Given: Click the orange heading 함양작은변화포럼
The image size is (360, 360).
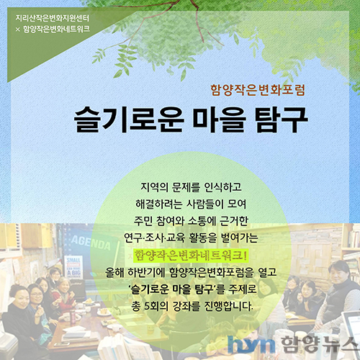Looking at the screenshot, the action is click(x=258, y=90).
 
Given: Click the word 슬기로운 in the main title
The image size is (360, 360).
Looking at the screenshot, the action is click(x=129, y=120).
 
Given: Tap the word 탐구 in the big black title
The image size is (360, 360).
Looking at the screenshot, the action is click(x=281, y=120).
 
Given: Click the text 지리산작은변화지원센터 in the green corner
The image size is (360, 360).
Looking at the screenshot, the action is click(x=53, y=18).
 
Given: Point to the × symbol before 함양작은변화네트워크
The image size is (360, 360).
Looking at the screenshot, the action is click(x=18, y=30).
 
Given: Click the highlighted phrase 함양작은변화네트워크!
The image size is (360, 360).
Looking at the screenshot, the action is click(x=190, y=255).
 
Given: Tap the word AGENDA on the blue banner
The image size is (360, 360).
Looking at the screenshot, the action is click(x=91, y=243).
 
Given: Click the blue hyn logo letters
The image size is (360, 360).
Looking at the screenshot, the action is click(x=251, y=344).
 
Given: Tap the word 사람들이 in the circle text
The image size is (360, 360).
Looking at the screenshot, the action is click(x=204, y=204).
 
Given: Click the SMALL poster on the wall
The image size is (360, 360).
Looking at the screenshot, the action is click(x=73, y=267).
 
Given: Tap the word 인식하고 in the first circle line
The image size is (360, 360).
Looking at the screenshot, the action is click(x=222, y=187).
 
